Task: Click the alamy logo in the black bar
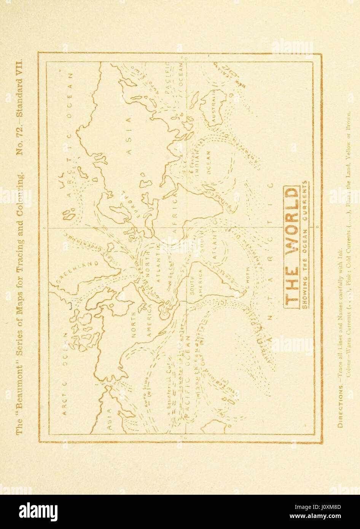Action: click(38, 511)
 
